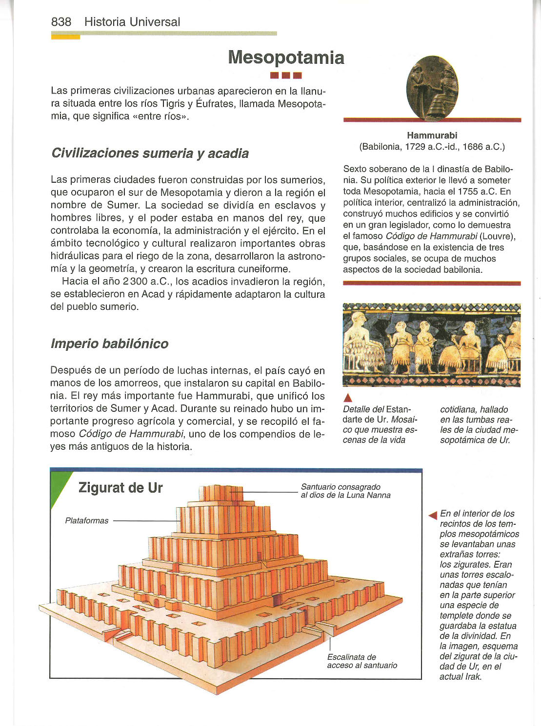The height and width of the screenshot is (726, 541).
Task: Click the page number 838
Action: pyautogui.click(x=61, y=22)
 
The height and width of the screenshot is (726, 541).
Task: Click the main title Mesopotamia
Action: pyautogui.click(x=286, y=57)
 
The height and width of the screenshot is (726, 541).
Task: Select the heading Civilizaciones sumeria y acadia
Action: pyautogui.click(x=150, y=153)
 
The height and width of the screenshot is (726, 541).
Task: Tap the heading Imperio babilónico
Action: pyautogui.click(x=109, y=344)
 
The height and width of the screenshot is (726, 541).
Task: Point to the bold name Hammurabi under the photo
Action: pyautogui.click(x=432, y=135)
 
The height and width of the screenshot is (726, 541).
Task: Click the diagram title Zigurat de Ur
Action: pyautogui.click(x=120, y=488)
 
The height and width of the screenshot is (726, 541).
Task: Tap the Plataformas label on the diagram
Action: pyautogui.click(x=87, y=521)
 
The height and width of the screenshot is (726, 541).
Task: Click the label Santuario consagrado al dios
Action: pyautogui.click(x=345, y=491)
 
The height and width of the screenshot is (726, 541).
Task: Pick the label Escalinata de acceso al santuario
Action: pyautogui.click(x=362, y=661)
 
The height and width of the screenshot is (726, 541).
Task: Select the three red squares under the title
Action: pyautogui.click(x=286, y=76)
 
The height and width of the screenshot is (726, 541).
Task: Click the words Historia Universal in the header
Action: pyautogui.click(x=132, y=22)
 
